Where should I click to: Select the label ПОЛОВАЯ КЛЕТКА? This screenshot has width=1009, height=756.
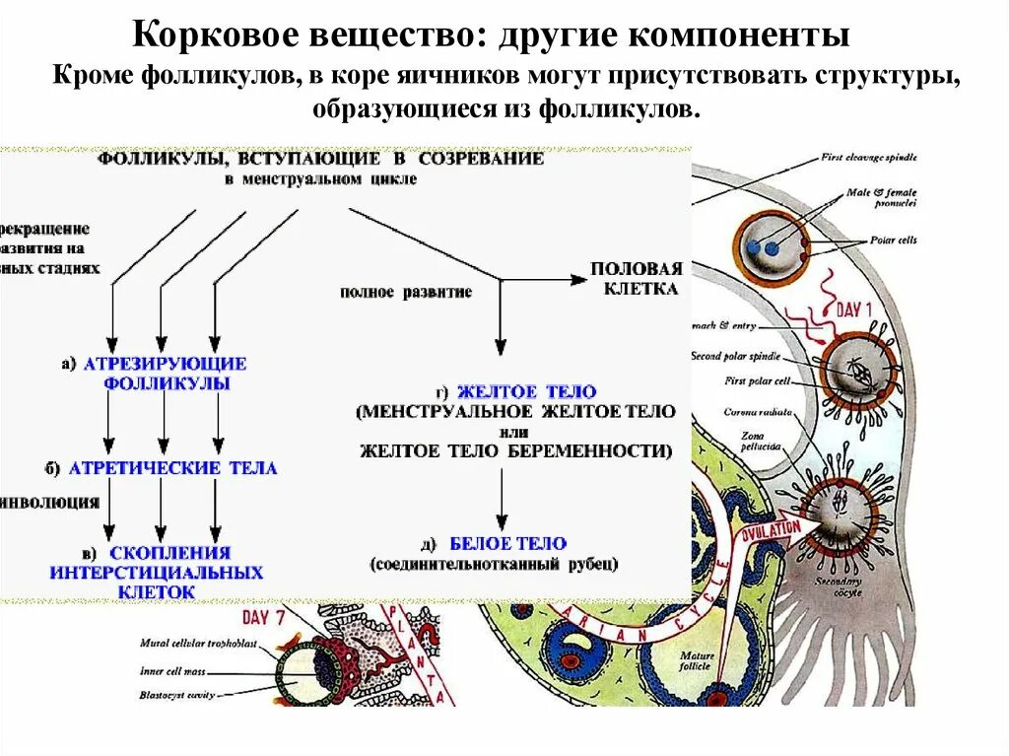pos(636,278)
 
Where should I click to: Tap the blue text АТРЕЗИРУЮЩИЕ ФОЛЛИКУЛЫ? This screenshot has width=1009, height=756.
pos(166,373)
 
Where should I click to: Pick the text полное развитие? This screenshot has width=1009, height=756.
pos(406,293)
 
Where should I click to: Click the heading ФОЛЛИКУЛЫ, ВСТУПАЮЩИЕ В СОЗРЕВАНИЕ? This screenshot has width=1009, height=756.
pos(320,159)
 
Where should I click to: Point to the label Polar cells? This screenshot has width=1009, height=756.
pos(892,240)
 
